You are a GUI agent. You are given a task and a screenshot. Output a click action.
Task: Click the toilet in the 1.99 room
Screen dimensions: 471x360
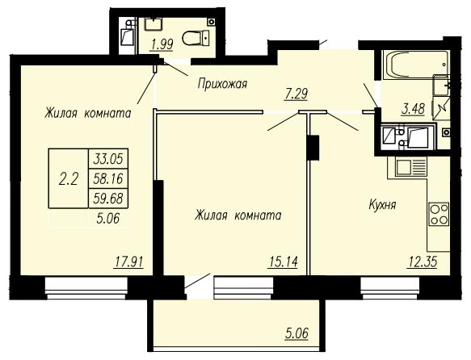[x=196, y=38]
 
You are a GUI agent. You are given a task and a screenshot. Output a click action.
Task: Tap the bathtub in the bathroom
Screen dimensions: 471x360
[x=416, y=65]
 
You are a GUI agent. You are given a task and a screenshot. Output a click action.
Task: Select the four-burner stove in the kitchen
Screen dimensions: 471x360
[x=439, y=214]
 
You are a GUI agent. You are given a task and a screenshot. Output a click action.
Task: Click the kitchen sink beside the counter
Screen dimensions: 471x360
[x=411, y=167]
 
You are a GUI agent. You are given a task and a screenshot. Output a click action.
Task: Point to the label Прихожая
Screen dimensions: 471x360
[x=222, y=84]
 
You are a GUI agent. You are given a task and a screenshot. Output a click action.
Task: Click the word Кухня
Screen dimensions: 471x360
[x=382, y=205]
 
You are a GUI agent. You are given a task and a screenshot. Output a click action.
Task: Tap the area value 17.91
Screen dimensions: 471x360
[x=128, y=262]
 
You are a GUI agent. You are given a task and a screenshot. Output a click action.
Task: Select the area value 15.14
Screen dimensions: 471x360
[x=283, y=262]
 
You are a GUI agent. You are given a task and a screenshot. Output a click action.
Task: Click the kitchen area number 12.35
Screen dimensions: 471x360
[x=423, y=262]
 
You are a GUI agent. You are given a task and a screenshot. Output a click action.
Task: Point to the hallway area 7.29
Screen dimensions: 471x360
[x=296, y=94]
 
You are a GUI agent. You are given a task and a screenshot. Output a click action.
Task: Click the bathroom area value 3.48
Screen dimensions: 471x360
[x=414, y=109]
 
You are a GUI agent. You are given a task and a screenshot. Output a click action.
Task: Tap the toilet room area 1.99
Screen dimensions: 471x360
[x=162, y=45]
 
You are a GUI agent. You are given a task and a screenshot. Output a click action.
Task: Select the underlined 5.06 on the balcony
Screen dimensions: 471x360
[x=296, y=333]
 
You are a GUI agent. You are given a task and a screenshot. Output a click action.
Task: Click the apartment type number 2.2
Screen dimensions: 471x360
[x=69, y=179]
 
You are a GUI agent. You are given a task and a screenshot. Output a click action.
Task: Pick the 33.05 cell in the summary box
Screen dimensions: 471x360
[x=108, y=159]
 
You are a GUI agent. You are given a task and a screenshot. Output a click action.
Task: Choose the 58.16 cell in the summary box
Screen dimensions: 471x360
[x=108, y=179]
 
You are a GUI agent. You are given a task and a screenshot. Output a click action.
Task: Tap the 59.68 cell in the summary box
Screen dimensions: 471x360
[x=108, y=199]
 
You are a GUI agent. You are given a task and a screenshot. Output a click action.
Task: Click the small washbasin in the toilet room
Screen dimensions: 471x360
[x=153, y=24]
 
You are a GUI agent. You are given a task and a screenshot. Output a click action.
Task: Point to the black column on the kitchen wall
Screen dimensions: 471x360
[x=313, y=147]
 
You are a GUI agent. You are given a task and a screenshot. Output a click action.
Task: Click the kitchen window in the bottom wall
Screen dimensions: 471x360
[x=390, y=288]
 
